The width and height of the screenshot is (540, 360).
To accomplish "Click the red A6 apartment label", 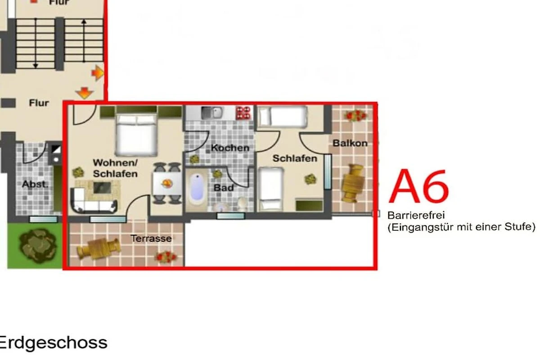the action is (x=419, y=186).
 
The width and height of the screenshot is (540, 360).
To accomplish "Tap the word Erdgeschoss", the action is (x=53, y=343).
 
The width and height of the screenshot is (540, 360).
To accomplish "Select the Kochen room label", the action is (x=230, y=148).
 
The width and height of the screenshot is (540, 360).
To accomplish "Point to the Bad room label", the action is (x=224, y=188).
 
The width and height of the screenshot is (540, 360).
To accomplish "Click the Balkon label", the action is (x=350, y=143).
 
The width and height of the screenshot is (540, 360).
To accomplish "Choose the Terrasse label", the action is (x=151, y=238).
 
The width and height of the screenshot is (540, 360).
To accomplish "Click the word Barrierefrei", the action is (x=416, y=215).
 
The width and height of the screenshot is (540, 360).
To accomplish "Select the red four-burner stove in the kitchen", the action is (x=243, y=113).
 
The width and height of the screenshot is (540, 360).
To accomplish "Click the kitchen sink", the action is (x=212, y=113).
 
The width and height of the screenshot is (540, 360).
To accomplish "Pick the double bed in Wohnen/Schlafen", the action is (x=136, y=135).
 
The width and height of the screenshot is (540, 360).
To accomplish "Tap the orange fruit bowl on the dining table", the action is (x=166, y=184).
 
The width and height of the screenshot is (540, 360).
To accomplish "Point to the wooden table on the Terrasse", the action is (x=99, y=248).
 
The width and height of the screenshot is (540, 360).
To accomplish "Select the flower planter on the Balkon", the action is (x=356, y=116).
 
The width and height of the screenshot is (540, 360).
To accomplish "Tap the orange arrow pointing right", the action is (x=98, y=72).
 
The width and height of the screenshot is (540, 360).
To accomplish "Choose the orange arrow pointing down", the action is (x=84, y=93).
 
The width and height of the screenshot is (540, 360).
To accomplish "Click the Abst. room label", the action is (x=35, y=184).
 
